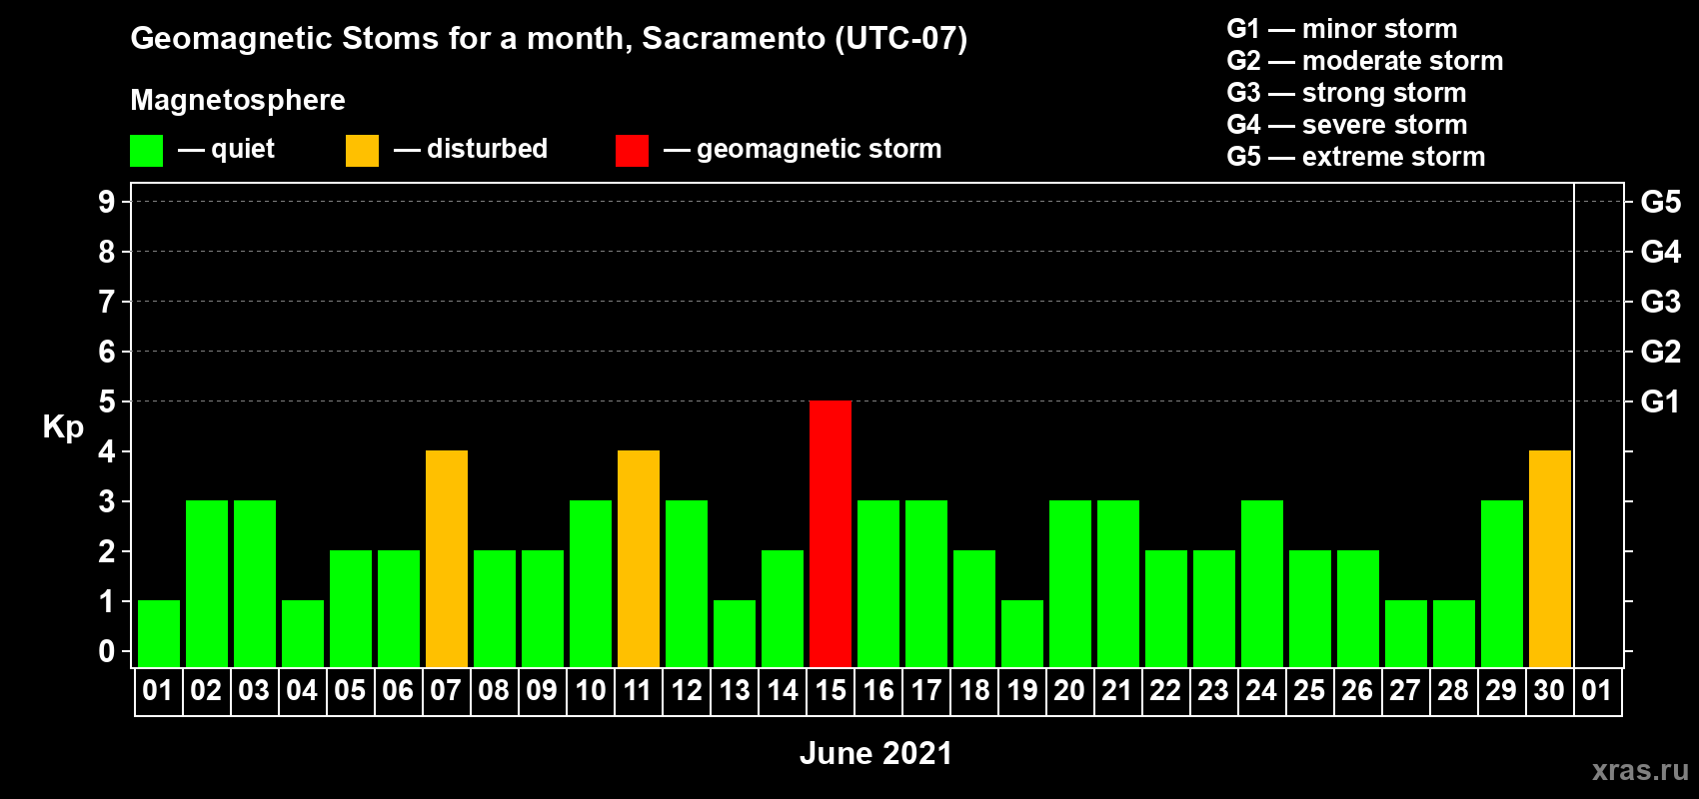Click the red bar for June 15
831,533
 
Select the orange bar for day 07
447,558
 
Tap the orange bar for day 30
1550,558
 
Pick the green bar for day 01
159,634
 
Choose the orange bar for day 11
639,558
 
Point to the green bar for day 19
1022,634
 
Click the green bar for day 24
1263,583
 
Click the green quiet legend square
146,150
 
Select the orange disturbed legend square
363,150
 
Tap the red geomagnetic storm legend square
633,150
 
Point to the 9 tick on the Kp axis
106,202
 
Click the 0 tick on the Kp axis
106,651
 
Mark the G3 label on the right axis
1661,302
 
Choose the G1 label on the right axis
1661,401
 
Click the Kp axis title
63,427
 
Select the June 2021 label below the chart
876,753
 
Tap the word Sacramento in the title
734,38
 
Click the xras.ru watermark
1640,770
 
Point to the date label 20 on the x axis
1069,690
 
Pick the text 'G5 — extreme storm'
1356,157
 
